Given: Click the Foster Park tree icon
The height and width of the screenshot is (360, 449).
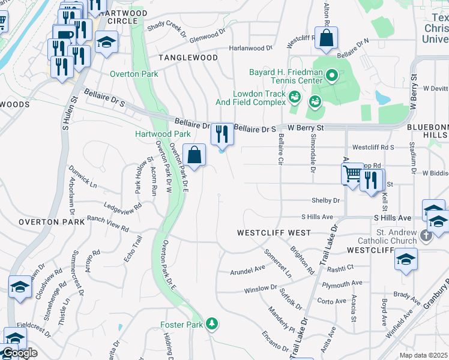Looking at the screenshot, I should click(211, 324).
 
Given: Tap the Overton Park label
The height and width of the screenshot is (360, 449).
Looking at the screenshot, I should click(134, 74).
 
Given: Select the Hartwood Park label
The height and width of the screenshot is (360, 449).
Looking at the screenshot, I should click(163, 134).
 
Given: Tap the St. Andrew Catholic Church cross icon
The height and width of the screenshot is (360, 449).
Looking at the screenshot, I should click(426, 235).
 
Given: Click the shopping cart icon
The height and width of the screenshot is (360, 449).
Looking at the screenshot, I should click(352, 173).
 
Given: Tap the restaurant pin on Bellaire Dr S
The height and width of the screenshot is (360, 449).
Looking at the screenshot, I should click(222, 134).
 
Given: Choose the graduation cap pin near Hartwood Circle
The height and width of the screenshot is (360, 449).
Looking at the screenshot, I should click(106, 42).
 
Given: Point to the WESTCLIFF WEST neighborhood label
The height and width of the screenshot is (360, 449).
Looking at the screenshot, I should click(274, 232).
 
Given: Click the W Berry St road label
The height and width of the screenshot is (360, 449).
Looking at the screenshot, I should click(305, 128).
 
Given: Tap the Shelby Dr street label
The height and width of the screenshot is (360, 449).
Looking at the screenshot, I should click(325, 200).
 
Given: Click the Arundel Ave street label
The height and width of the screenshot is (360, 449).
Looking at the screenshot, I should click(247, 271).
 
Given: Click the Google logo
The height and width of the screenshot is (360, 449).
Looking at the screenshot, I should click(20, 353).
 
